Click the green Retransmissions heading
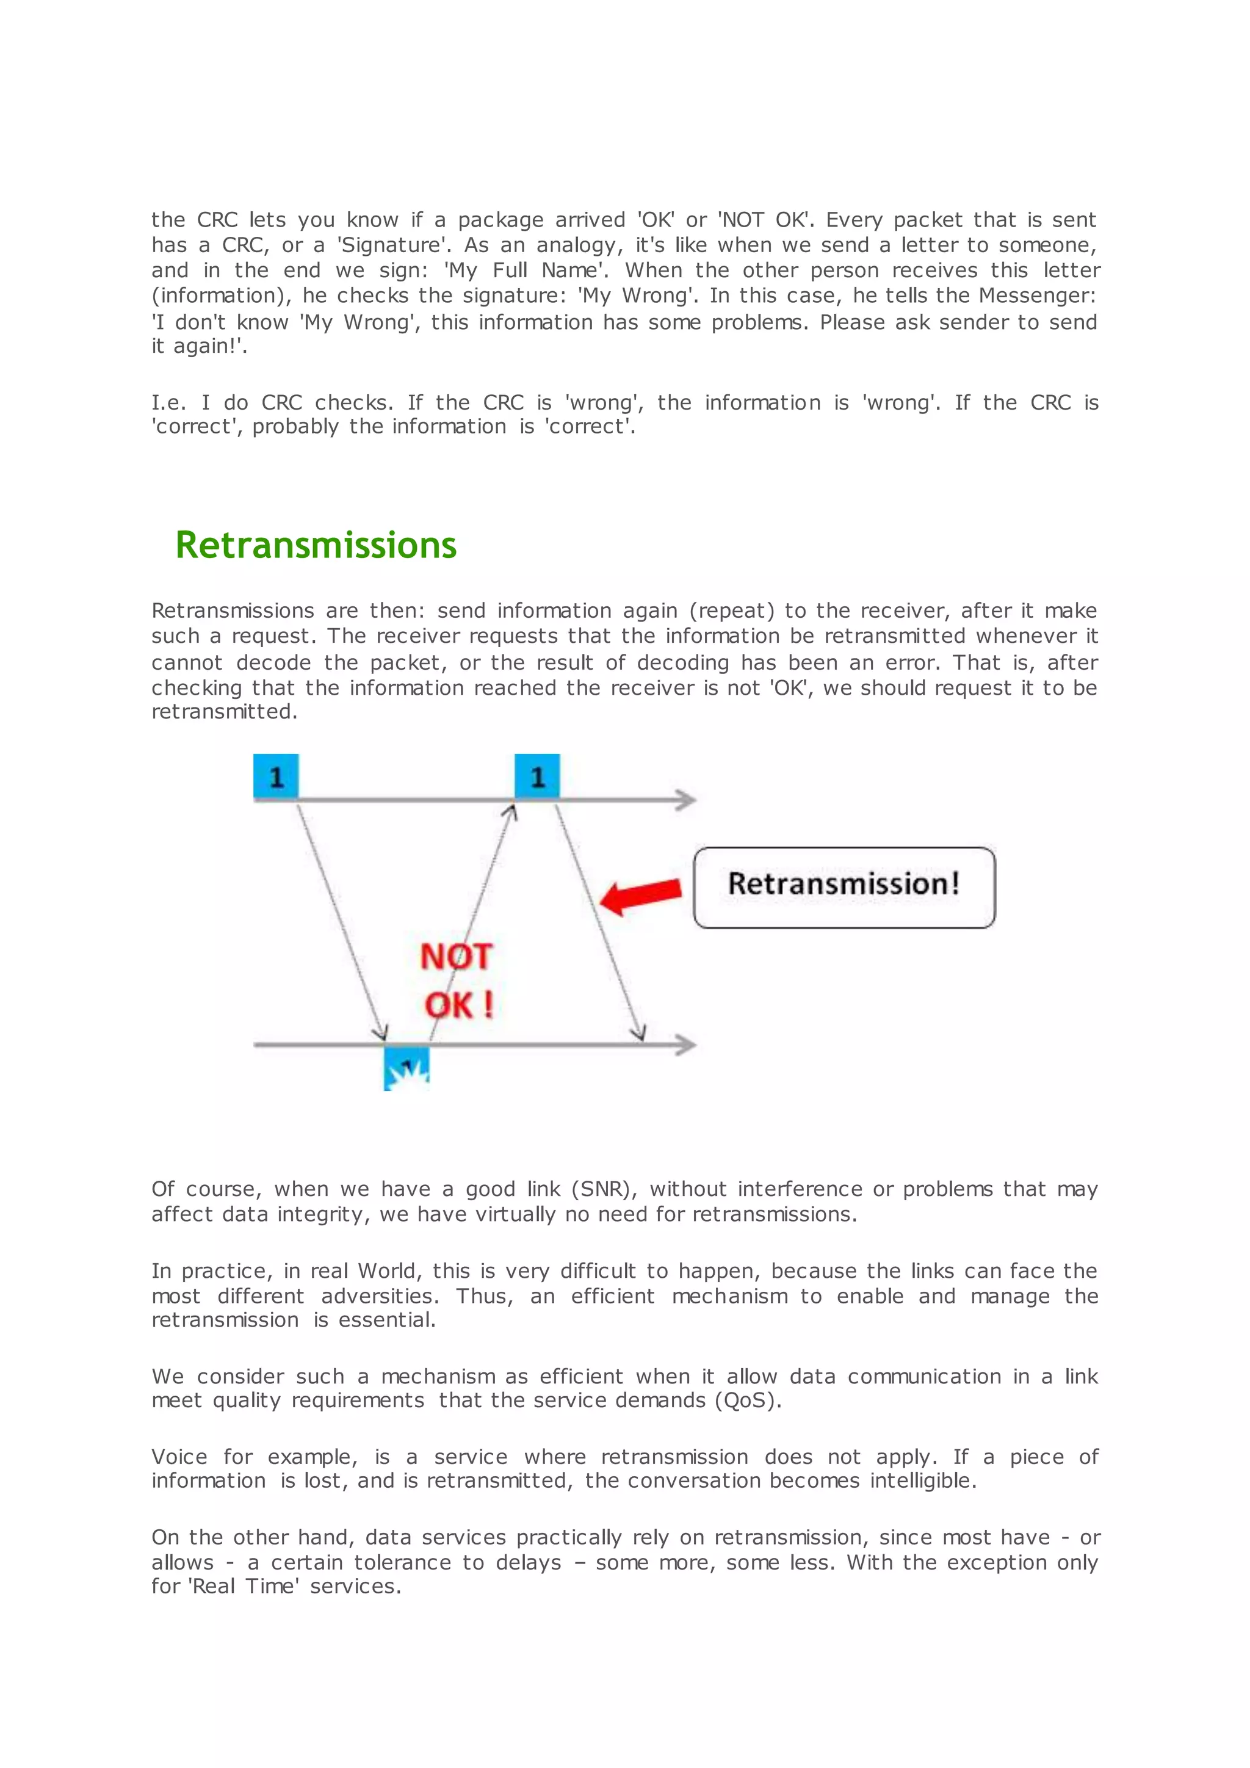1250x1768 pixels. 316,545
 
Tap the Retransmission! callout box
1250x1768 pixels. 844,887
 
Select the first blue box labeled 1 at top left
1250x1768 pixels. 275,776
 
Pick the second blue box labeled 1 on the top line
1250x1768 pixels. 536,776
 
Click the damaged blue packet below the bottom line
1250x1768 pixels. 406,1069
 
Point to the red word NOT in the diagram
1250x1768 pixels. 456,957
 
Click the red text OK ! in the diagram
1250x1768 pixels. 459,1005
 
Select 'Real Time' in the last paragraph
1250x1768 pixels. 244,1586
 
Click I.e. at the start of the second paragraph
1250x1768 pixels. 168,403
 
